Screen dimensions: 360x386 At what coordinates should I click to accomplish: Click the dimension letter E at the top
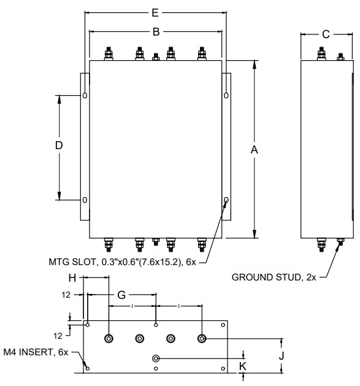coord(155,13)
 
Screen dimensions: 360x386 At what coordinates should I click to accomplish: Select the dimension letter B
coord(156,32)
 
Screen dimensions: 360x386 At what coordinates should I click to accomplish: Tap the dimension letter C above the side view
coord(326,34)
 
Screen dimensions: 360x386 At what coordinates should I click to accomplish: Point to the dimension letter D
coord(59,145)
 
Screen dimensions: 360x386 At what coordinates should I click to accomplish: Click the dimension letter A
coord(254,150)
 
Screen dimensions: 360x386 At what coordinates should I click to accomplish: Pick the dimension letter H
coord(72,278)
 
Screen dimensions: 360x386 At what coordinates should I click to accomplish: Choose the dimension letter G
coord(121,295)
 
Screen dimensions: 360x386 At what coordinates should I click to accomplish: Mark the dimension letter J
coord(281,356)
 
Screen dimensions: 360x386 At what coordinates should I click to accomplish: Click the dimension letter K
coord(243,366)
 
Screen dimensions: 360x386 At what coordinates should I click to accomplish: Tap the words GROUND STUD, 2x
coord(274,277)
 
